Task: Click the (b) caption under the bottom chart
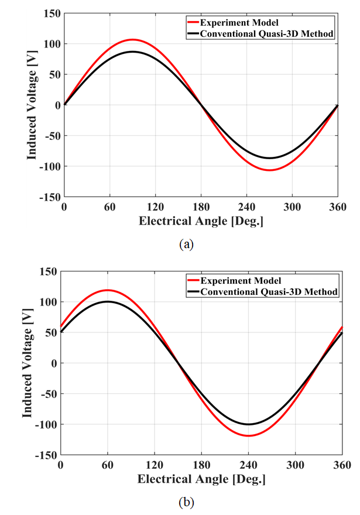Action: click(186, 502)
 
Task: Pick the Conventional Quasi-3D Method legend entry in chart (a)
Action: click(267, 33)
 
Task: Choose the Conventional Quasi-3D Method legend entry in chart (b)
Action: click(271, 291)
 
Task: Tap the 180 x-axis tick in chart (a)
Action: click(201, 207)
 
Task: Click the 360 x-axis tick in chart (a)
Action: click(338, 207)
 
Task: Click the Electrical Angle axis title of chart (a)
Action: click(200, 221)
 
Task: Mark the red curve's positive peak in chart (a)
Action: click(133, 40)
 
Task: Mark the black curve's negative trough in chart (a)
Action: click(270, 158)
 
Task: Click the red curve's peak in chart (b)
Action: click(107, 290)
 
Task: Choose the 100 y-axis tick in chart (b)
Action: click(47, 302)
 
